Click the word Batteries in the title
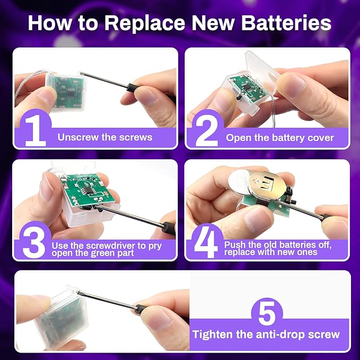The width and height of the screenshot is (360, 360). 286,23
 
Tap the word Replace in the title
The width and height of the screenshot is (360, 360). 145,23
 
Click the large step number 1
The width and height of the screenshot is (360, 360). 36,130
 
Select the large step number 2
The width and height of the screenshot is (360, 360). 207,131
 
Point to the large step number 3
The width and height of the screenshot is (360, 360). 34,243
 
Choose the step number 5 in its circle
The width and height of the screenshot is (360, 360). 267,313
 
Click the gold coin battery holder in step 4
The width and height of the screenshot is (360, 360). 267,187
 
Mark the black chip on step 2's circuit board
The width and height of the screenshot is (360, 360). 248,87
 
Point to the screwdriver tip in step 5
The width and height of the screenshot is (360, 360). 78,292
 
